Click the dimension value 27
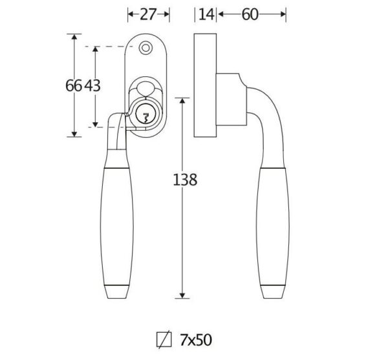point(148,14)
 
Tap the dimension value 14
point(206,14)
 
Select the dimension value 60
point(250,14)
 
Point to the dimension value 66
point(74,86)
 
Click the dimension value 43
point(92,86)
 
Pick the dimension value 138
point(185,180)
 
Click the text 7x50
point(196,340)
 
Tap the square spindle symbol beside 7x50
point(164,340)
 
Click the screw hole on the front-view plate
point(145,48)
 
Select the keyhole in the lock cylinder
point(145,118)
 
